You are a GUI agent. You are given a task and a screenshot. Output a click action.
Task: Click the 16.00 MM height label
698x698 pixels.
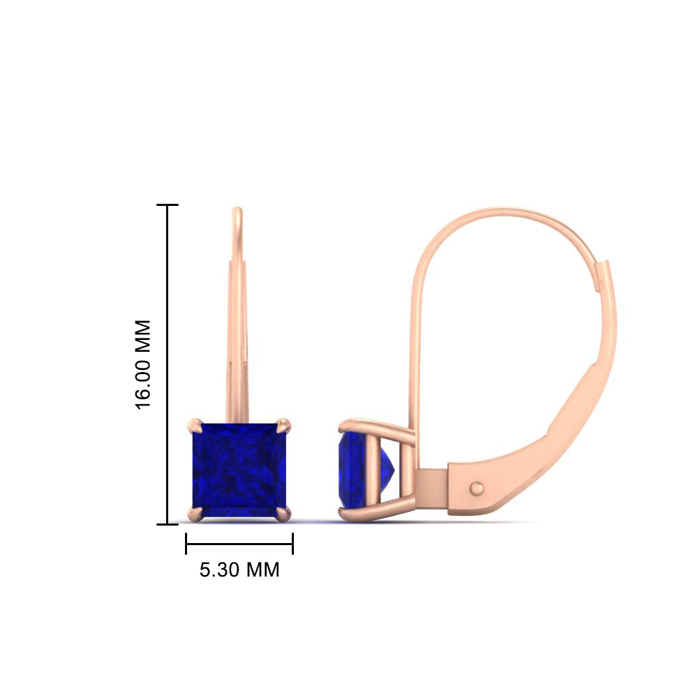pyautogui.click(x=142, y=364)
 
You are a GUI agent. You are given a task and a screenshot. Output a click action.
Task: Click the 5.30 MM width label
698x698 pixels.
pyautogui.click(x=239, y=570)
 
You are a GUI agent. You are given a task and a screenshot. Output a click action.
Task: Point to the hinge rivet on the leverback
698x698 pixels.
pyautogui.click(x=478, y=487)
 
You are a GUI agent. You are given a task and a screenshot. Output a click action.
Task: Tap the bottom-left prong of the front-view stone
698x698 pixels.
pyautogui.click(x=195, y=514)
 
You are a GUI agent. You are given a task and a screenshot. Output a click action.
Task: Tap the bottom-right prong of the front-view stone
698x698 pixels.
pyautogui.click(x=283, y=514)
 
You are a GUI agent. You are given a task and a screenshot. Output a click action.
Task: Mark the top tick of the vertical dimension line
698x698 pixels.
pyautogui.click(x=168, y=205)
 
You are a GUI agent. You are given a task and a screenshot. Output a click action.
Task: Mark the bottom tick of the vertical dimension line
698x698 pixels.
pyautogui.click(x=168, y=523)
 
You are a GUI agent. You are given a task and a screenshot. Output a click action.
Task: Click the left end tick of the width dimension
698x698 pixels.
pyautogui.click(x=186, y=544)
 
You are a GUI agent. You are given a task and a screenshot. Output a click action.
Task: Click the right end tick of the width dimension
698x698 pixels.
pyautogui.click(x=292, y=544)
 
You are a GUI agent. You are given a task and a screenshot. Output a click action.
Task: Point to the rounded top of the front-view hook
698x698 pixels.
pyautogui.click(x=237, y=211)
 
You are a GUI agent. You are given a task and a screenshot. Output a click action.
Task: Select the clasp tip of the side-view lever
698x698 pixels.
pyautogui.click(x=602, y=269)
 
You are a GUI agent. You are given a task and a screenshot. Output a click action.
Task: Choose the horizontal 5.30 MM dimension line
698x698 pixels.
pyautogui.click(x=239, y=544)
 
